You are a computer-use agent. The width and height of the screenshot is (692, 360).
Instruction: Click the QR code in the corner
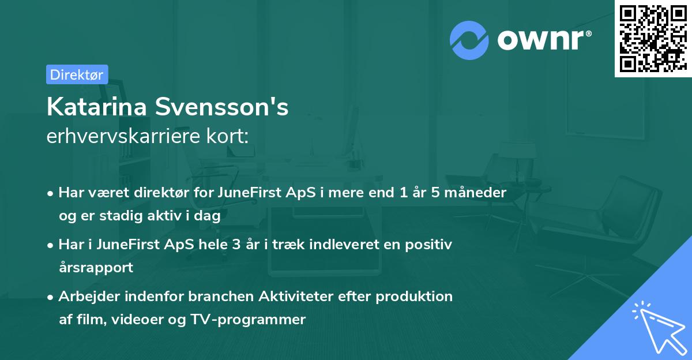(653, 38)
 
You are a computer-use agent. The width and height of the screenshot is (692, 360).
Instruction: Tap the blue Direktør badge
(77, 74)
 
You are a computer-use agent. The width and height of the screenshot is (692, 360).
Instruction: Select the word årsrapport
(96, 267)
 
